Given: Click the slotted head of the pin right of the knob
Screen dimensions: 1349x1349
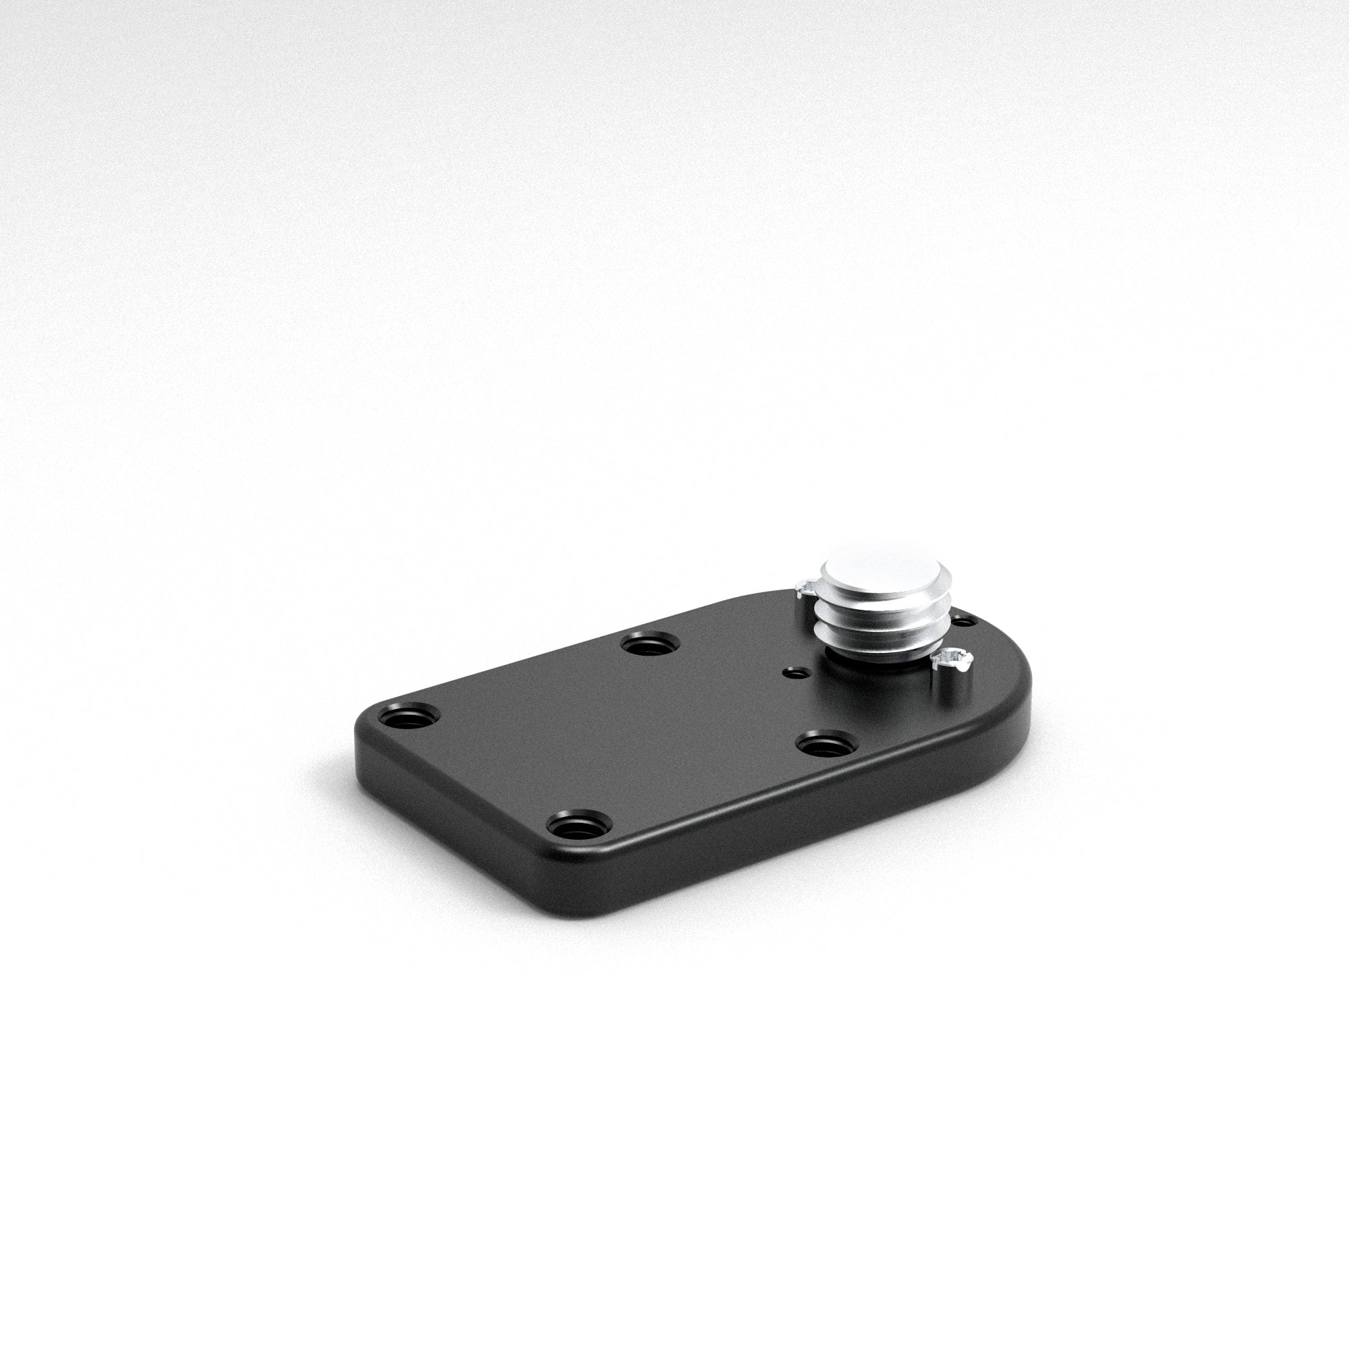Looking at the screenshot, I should click(x=950, y=658).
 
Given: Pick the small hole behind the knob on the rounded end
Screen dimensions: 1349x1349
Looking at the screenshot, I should click(x=964, y=620).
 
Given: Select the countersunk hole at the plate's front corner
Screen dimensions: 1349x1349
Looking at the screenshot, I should click(x=579, y=826).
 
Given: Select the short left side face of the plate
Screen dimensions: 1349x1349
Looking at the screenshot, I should click(x=447, y=810).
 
